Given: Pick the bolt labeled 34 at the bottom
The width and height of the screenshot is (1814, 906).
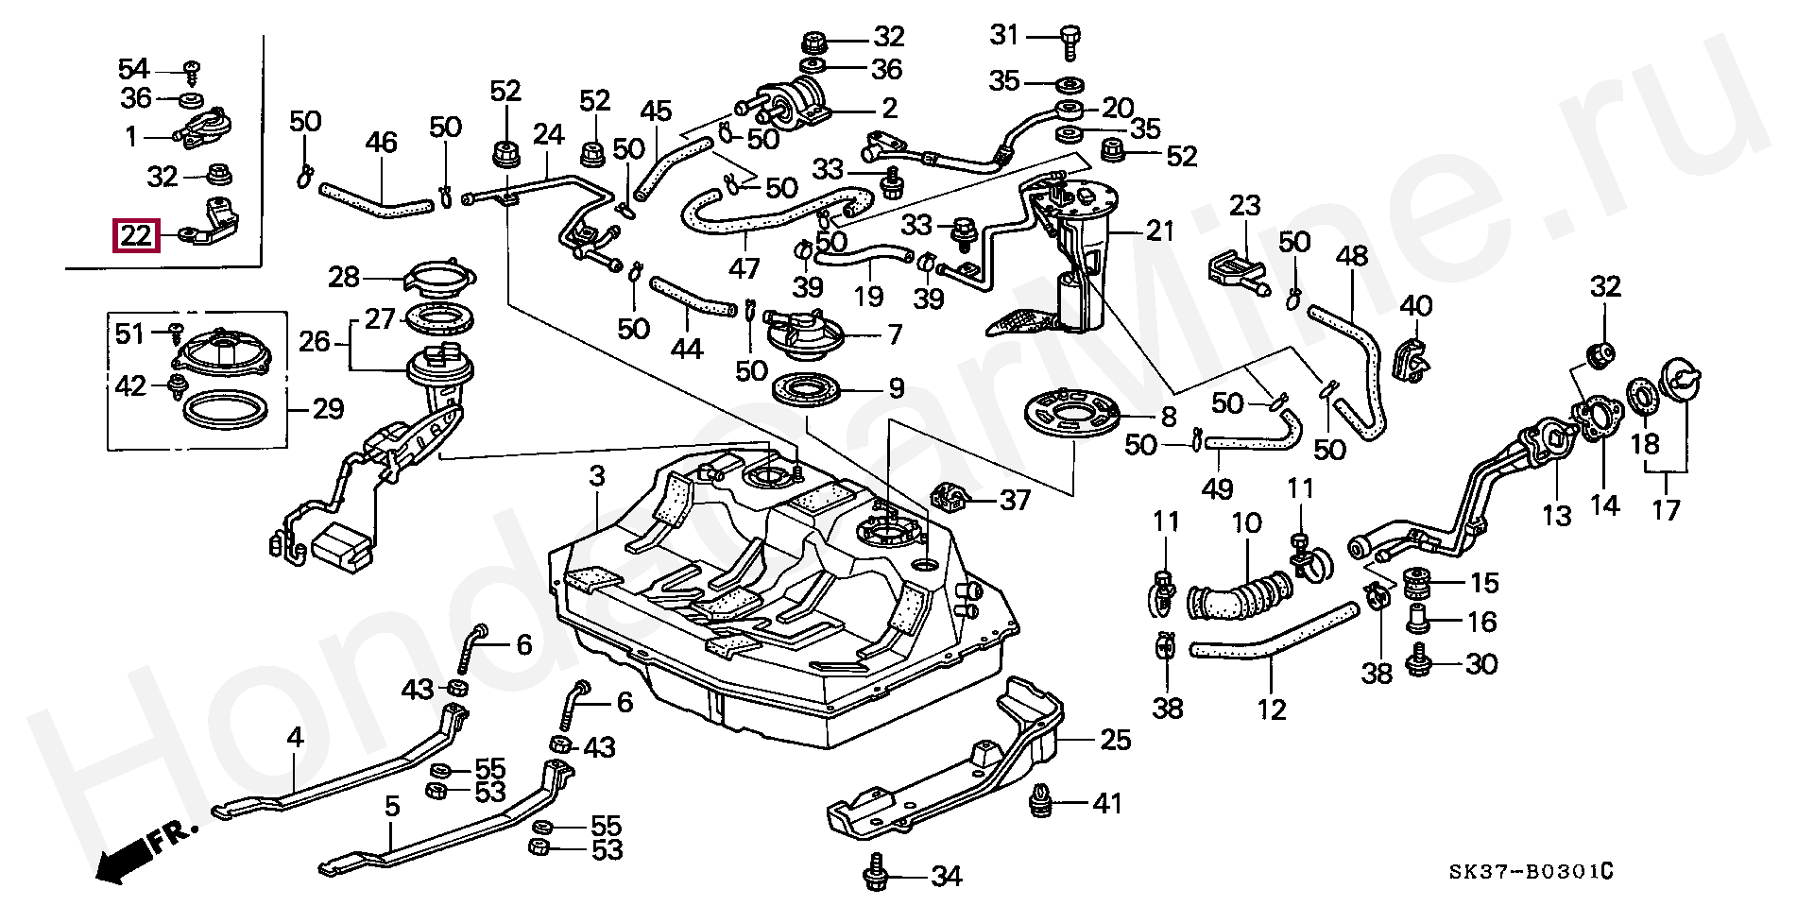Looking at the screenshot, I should pos(874,875).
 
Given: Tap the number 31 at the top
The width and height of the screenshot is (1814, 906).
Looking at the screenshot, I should pos(1004,36).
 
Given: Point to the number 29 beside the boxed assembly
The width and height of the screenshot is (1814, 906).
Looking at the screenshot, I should pos(328,410).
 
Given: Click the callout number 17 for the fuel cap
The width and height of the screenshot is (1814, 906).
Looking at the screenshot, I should pos(1666,510).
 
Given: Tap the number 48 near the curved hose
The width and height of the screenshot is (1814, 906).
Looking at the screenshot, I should pos(1352,257).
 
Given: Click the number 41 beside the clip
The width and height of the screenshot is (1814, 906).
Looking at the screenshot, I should pos(1106,804).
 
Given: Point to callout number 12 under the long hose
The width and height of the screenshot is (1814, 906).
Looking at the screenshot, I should pos(1272,709).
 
